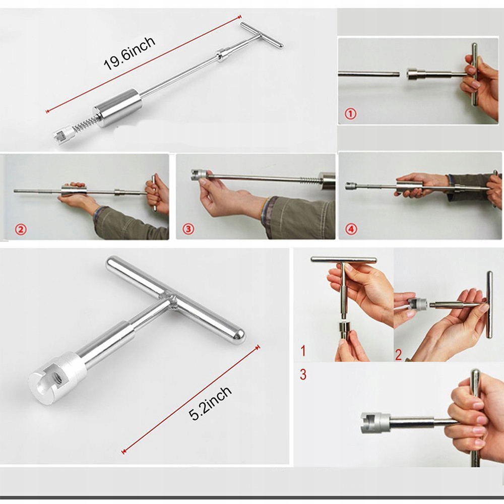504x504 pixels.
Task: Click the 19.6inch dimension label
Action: [x=129, y=53]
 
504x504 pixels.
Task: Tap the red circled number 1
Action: [x=350, y=114]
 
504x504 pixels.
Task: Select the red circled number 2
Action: [x=21, y=229]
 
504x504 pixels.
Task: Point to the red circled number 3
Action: [x=188, y=229]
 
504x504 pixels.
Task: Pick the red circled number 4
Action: [x=351, y=229]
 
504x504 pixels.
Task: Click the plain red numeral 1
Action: [x=303, y=351]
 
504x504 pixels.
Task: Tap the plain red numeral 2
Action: [x=398, y=354]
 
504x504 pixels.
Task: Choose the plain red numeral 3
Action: [x=303, y=374]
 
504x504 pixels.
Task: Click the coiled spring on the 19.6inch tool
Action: [x=85, y=124]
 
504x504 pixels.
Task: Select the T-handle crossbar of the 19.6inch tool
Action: [x=262, y=35]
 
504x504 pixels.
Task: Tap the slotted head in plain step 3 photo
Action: [x=375, y=423]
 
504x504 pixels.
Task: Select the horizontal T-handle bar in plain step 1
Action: [x=344, y=260]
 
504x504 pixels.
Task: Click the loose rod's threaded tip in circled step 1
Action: [x=396, y=74]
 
